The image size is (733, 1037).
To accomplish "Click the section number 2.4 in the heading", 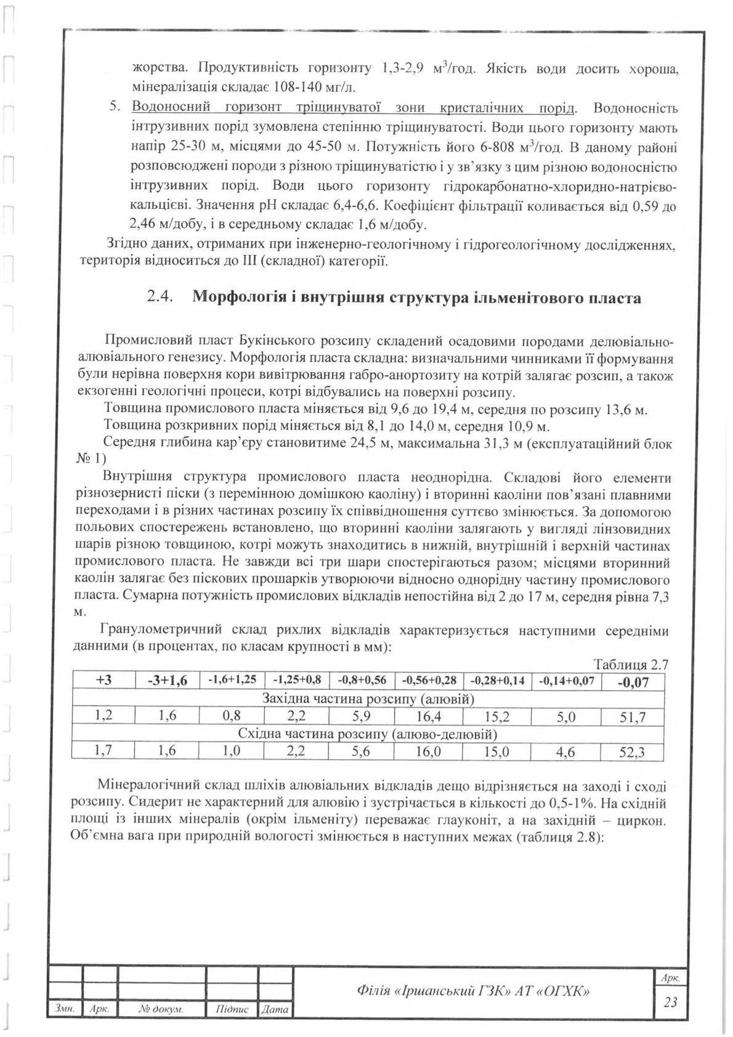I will [x=160, y=298].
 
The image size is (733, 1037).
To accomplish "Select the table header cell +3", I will [x=103, y=680].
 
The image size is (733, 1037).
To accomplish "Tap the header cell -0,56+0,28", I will [x=429, y=680].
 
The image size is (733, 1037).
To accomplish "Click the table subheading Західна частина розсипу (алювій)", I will [x=368, y=699].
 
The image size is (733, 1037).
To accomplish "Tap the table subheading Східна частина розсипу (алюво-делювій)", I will [x=368, y=734].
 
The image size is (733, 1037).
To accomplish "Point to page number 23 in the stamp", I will [x=671, y=1002].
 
